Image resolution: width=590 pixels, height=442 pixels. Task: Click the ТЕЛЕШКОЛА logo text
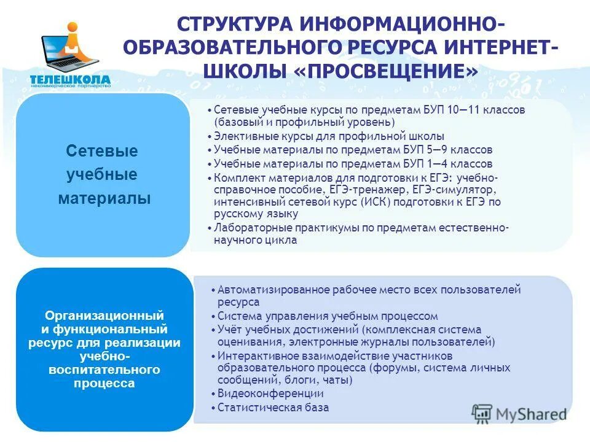coord(70,79)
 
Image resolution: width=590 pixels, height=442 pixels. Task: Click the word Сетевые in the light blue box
coord(102,151)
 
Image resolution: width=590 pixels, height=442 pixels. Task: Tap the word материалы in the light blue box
coord(104,199)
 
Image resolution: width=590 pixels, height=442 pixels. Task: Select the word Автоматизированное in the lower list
coord(265,289)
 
